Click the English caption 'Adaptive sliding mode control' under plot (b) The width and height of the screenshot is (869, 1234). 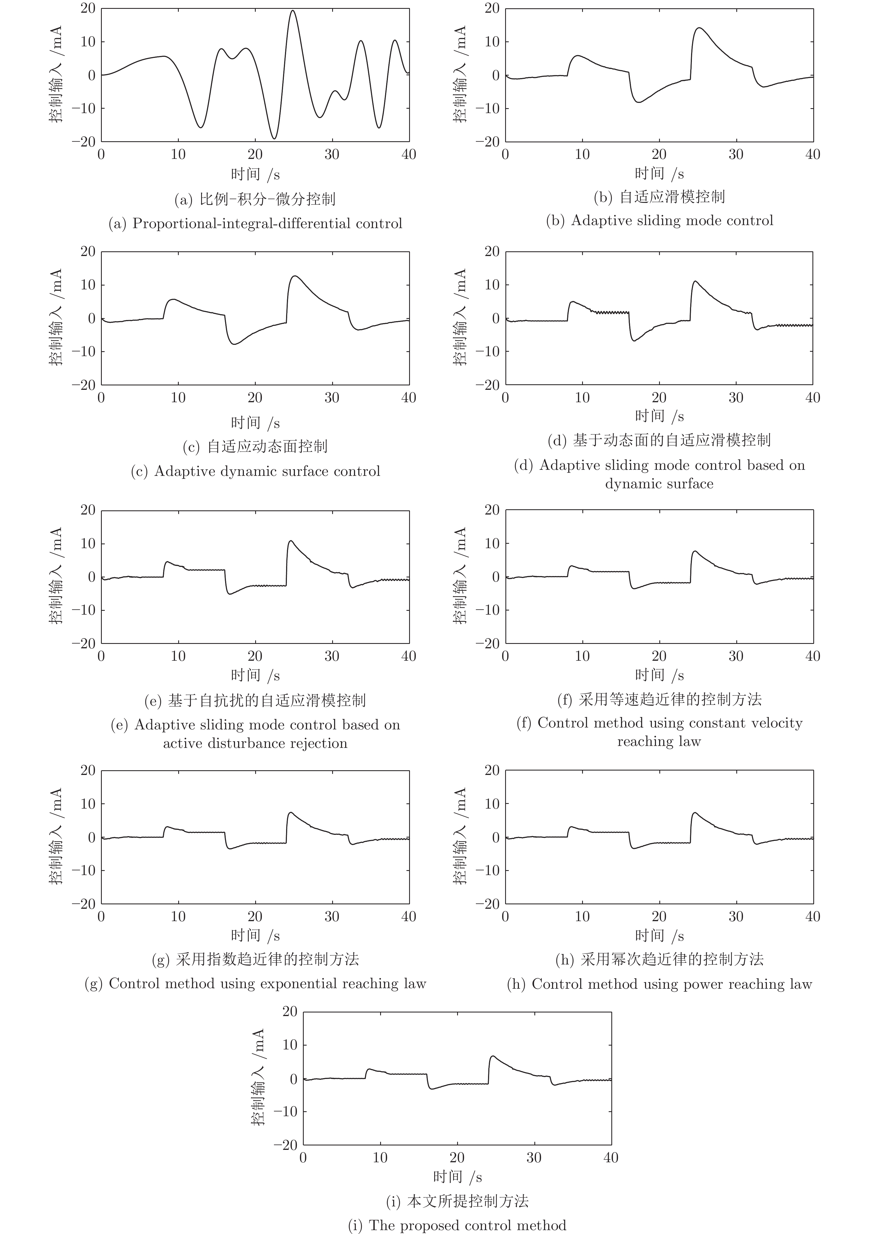[672, 220]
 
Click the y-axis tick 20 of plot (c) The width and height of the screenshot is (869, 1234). [88, 252]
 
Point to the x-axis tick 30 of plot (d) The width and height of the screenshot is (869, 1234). [736, 398]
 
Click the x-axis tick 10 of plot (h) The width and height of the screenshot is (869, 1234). [582, 916]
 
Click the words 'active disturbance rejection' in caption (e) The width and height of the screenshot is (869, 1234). [255, 743]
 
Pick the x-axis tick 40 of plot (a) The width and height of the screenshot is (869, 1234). [409, 155]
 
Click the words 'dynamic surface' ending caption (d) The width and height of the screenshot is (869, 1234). [659, 484]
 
